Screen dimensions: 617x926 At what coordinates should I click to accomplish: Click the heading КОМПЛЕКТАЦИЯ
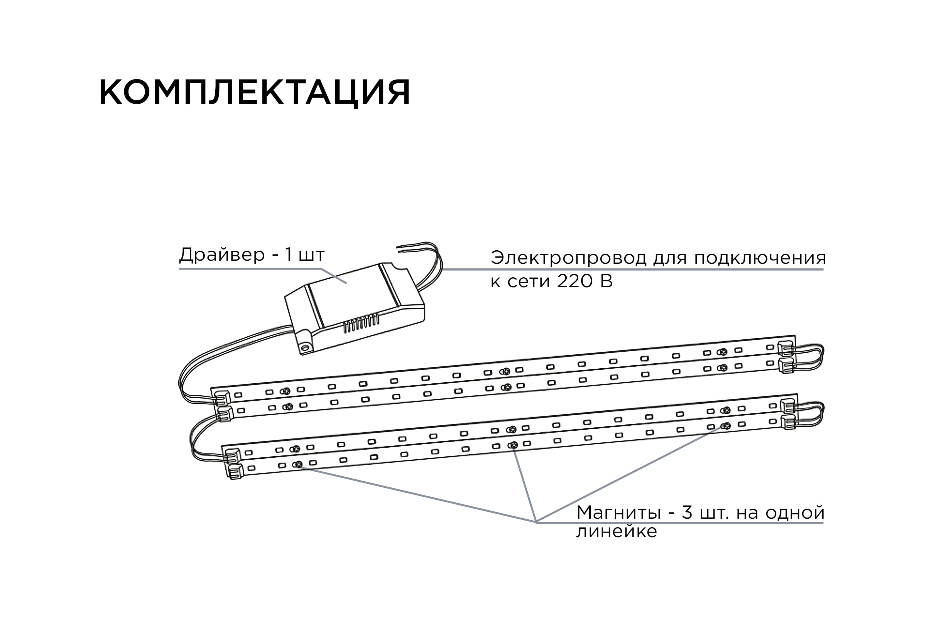pyautogui.click(x=254, y=93)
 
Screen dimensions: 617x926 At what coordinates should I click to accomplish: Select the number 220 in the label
pyautogui.click(x=575, y=282)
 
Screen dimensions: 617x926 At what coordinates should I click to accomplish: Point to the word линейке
pyautogui.click(x=617, y=532)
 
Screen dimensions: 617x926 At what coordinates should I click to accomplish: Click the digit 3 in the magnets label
pyautogui.click(x=687, y=513)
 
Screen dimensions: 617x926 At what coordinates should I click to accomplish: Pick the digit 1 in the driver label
pyautogui.click(x=289, y=255)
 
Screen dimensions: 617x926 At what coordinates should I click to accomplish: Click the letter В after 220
pyautogui.click(x=607, y=282)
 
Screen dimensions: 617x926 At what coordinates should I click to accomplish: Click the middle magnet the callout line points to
pyautogui.click(x=513, y=445)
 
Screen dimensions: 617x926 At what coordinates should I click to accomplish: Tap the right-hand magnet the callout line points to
pyautogui.click(x=727, y=426)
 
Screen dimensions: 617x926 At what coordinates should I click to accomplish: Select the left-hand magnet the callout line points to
pyautogui.click(x=298, y=464)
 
